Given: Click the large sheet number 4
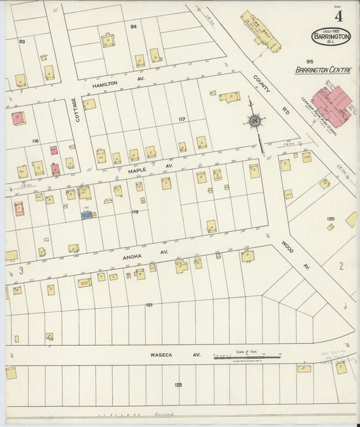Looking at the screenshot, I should (338, 16).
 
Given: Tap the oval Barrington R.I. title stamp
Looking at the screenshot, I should (331, 36).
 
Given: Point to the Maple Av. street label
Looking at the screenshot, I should (142, 169).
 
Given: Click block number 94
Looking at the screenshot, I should (133, 26).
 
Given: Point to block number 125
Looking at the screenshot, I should (178, 384).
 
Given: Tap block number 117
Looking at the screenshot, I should (181, 119).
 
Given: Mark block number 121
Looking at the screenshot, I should (149, 305).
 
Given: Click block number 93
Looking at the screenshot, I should (22, 42).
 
